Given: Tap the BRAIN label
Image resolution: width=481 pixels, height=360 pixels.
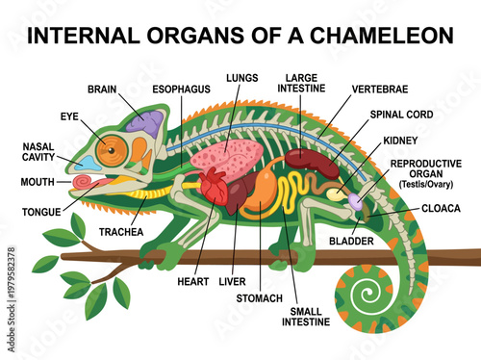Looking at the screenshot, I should [102, 89].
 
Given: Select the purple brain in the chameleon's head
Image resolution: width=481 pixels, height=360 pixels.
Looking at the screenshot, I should [148, 122].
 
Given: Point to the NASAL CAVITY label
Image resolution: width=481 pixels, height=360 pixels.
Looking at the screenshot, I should [39, 153].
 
